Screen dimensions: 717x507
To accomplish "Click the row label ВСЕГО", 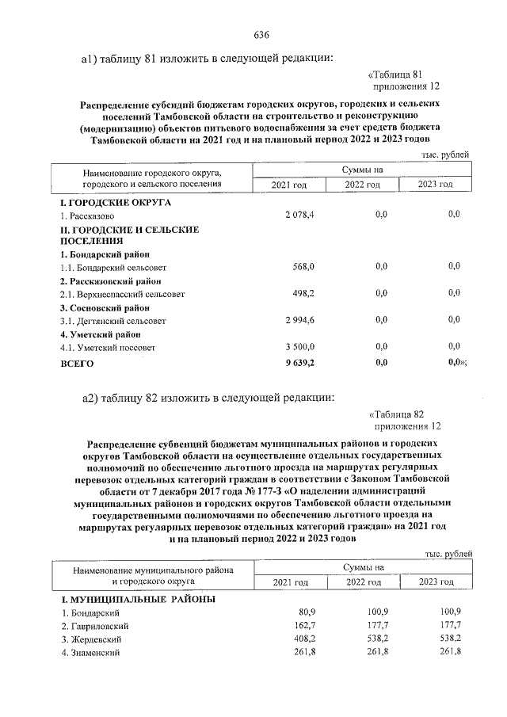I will click(x=77, y=363).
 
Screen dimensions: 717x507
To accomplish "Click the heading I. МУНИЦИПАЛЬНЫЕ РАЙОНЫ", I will click(x=139, y=598).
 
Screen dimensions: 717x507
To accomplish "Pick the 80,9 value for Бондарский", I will click(x=306, y=612).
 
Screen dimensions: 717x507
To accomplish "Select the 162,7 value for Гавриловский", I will click(x=303, y=625).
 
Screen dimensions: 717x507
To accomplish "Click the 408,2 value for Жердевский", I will click(x=303, y=639).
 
